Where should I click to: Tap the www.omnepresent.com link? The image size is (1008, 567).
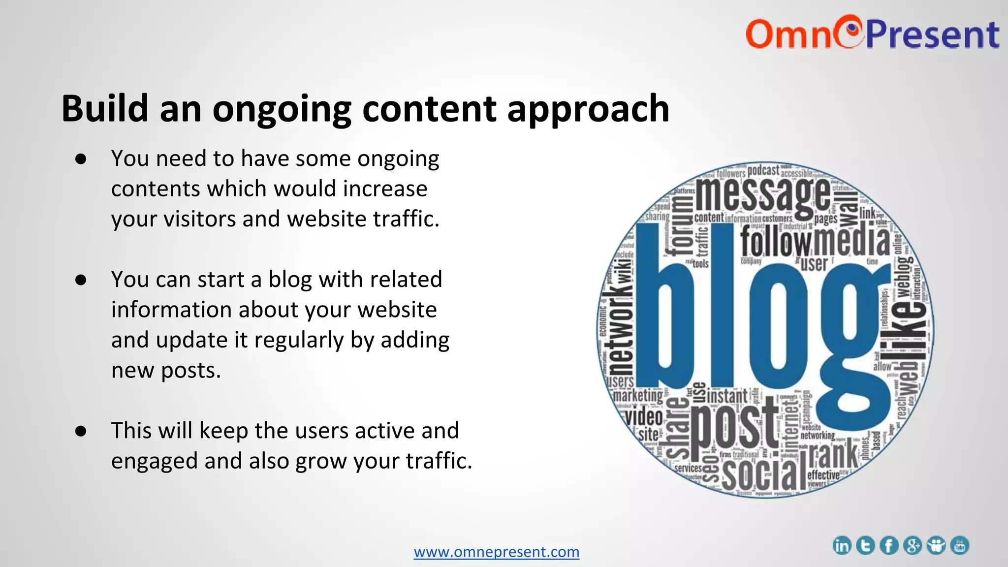pos(496,552)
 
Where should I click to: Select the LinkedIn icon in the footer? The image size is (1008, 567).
pos(842,545)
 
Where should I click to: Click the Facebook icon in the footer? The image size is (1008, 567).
pos(889,545)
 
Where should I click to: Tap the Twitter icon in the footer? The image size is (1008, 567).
pos(865,545)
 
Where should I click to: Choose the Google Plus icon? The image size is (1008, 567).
pos(913,545)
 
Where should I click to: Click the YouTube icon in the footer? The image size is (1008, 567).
pos(960,545)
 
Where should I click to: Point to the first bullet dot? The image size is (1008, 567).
pos(81,159)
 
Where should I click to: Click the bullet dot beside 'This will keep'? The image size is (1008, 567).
pos(81,431)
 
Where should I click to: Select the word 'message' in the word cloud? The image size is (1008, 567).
pos(763,197)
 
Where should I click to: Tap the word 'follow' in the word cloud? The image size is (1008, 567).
pos(776,242)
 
